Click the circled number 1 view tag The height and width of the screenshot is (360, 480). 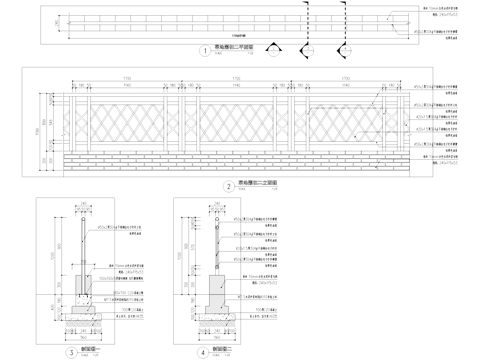tap(205, 48)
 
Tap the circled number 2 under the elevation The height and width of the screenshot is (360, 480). tap(229, 186)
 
